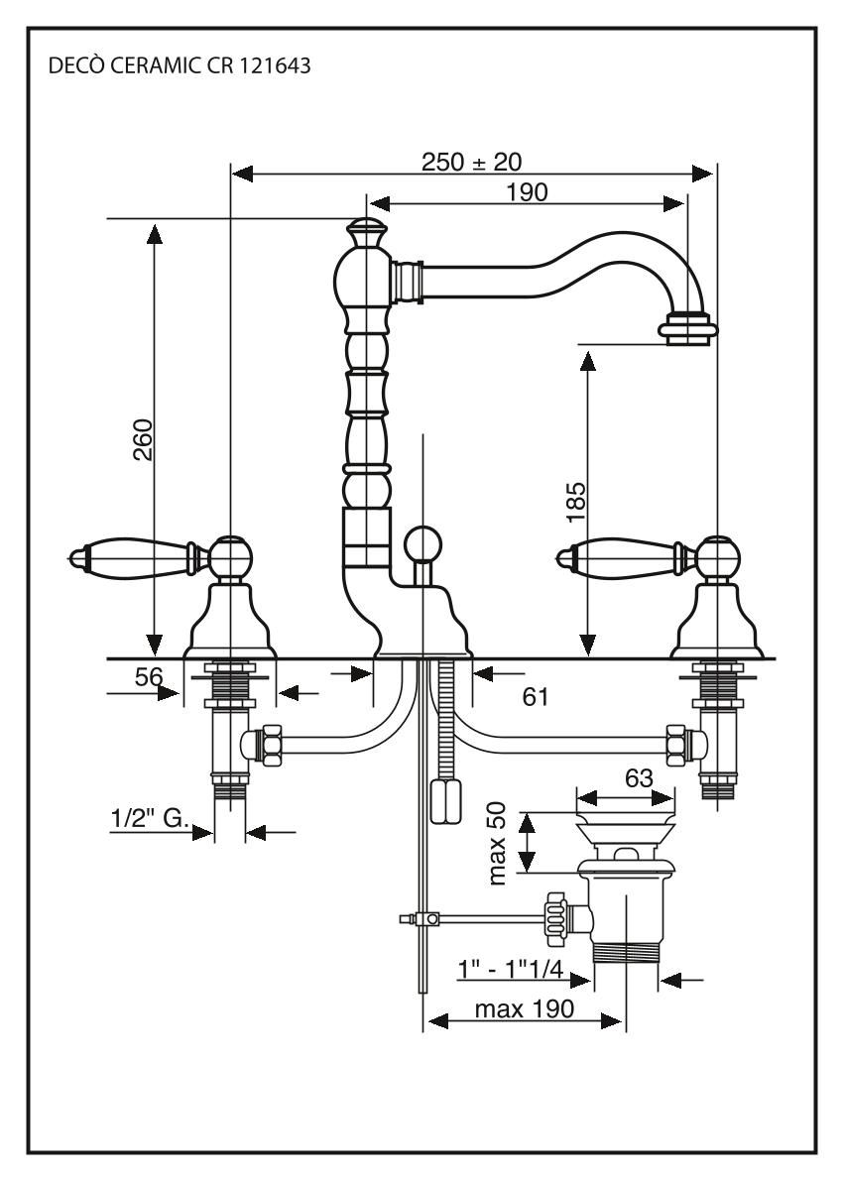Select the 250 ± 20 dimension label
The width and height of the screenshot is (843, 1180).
(471, 162)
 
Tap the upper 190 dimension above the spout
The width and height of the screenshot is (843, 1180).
(526, 191)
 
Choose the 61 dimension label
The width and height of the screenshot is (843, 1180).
(536, 696)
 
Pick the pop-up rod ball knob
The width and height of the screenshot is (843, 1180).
(421, 542)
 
